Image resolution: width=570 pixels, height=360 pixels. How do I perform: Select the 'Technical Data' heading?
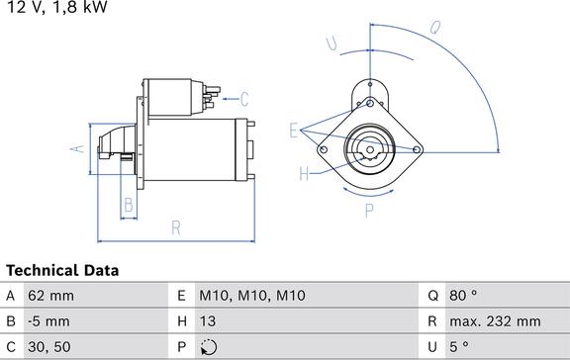(62, 270)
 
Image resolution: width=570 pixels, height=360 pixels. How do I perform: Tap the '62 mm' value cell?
(52, 295)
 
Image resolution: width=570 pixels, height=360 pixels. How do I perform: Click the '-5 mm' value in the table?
(49, 320)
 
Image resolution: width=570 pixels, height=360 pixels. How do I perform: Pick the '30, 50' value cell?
(49, 346)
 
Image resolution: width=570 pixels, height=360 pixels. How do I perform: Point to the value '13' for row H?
(208, 320)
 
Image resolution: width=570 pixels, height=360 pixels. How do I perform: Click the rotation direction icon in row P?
(208, 347)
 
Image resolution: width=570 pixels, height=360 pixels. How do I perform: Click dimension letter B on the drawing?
(128, 206)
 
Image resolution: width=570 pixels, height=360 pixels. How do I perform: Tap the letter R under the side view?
(175, 228)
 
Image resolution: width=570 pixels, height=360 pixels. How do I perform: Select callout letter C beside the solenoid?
(244, 99)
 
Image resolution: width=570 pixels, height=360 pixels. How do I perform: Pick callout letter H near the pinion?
(304, 174)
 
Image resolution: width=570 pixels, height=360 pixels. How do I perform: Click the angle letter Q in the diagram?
(434, 27)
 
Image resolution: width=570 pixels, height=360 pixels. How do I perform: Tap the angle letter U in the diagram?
(332, 43)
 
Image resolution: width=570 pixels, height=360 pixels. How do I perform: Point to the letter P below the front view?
(368, 209)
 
